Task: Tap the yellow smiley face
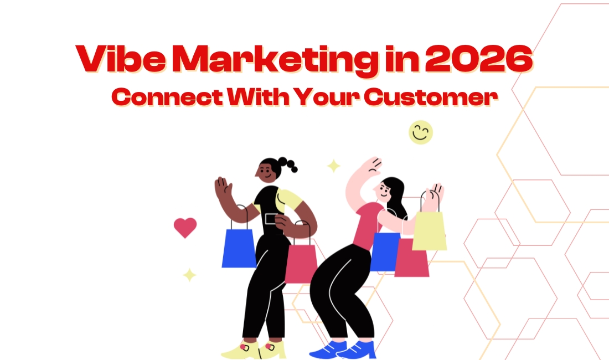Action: (421, 132)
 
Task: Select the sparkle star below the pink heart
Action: (190, 275)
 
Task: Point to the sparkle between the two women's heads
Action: (334, 166)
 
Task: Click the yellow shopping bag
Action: (430, 230)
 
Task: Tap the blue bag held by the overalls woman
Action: (239, 248)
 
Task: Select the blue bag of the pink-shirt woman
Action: (384, 252)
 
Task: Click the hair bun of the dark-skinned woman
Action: (288, 163)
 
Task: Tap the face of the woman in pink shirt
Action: (383, 191)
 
